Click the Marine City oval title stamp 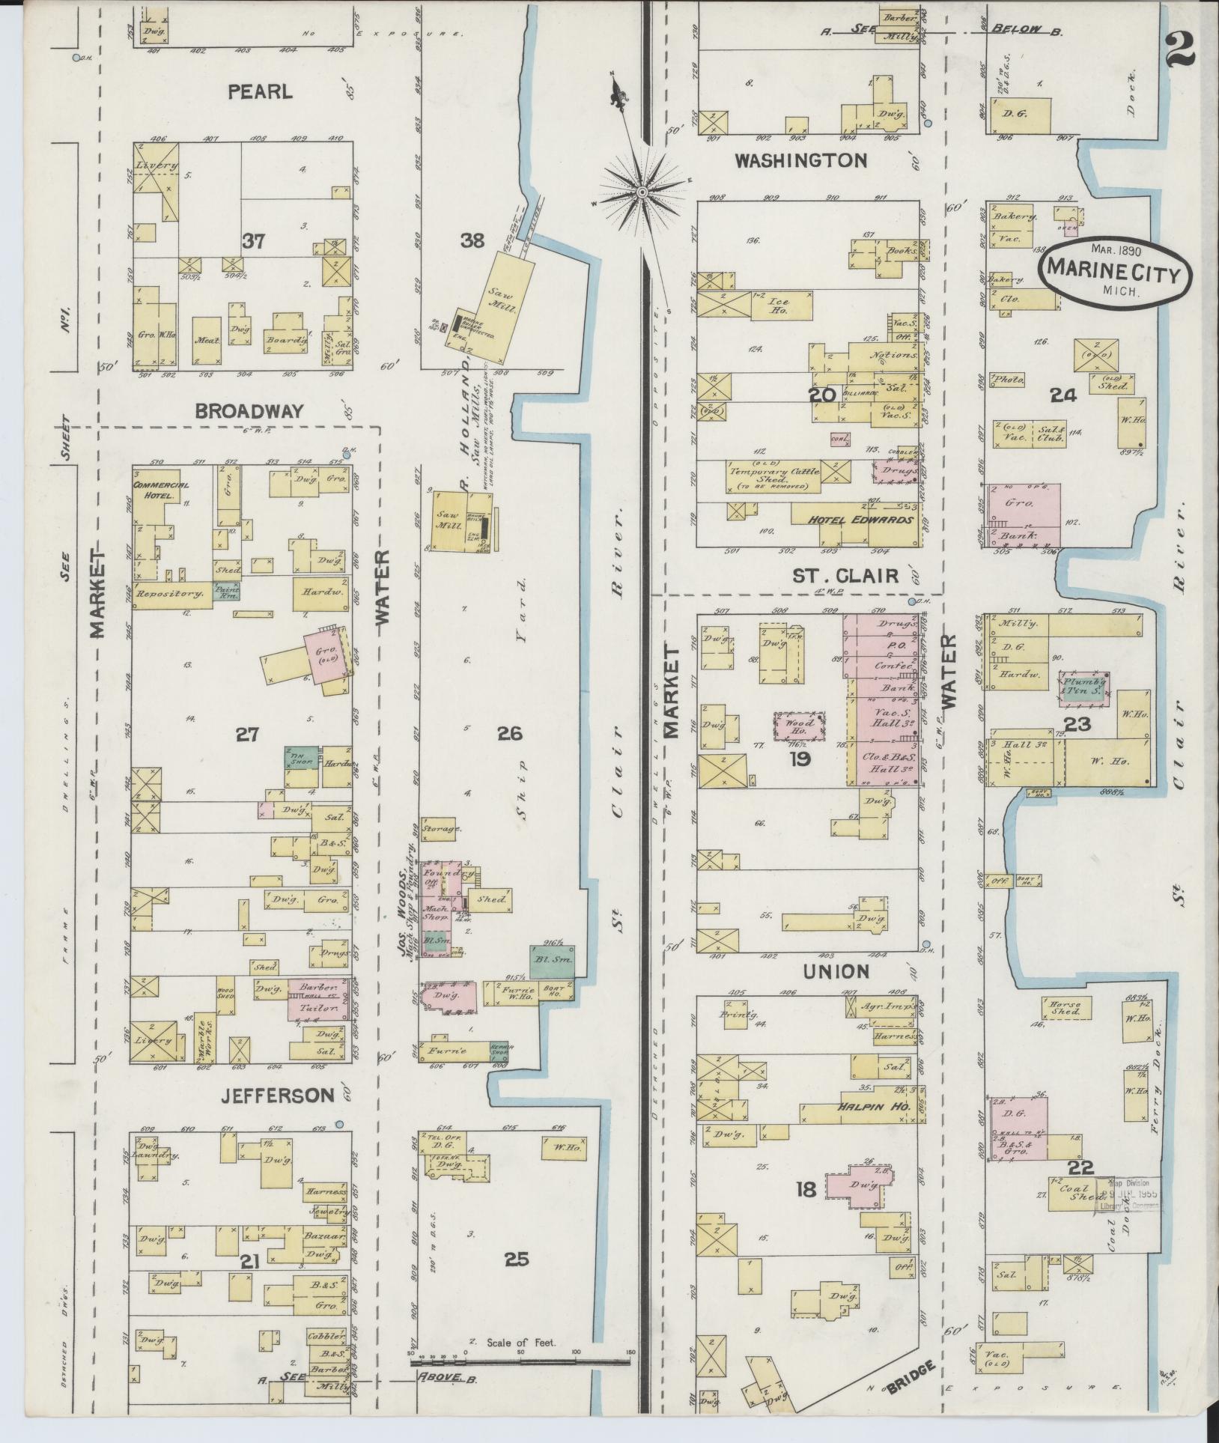(1113, 273)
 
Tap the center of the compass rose (642, 192)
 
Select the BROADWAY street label (249, 410)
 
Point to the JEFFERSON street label (277, 1096)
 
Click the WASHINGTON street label (800, 160)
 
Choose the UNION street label (836, 971)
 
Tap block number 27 (247, 735)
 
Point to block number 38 (472, 240)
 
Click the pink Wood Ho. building (798, 726)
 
